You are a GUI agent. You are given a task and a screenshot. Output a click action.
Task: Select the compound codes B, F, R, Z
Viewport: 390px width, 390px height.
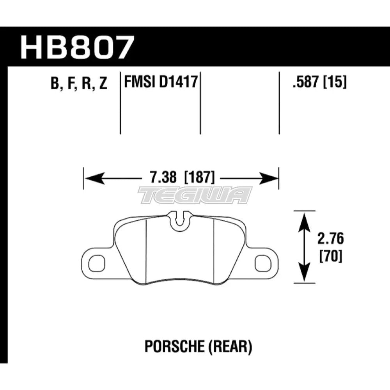78,83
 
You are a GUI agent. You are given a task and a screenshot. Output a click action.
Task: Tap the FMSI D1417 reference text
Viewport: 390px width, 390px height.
160,83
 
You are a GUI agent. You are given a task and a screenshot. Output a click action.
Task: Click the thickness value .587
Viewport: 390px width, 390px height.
303,83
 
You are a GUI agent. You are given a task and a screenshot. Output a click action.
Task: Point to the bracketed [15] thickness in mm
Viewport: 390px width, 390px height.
334,83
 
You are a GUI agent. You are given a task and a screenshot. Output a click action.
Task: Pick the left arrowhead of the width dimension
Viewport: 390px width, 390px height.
92,179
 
